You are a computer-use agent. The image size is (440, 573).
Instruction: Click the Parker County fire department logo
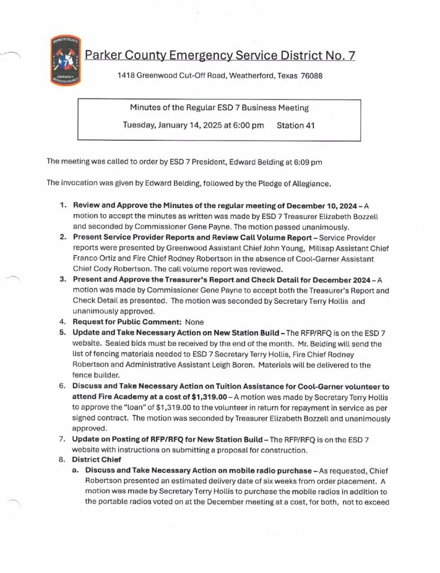[65, 61]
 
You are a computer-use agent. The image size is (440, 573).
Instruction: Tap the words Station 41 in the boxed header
[296, 125]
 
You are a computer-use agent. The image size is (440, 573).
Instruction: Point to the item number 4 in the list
[63, 322]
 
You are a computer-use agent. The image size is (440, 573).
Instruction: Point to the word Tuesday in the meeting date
[138, 125]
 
